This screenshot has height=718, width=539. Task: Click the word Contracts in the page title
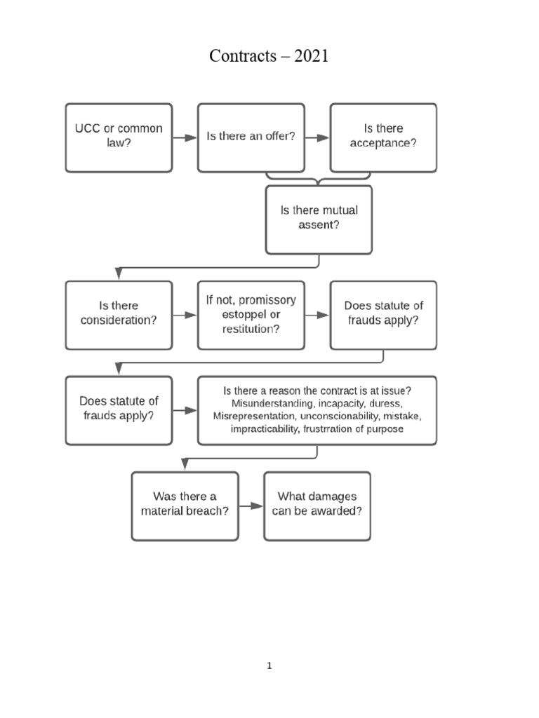tap(243, 57)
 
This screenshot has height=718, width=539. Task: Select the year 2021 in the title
tap(312, 57)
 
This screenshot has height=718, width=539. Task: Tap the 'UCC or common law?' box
tap(119, 137)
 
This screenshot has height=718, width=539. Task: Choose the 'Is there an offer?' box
tap(251, 137)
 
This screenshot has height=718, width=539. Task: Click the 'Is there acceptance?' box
tap(383, 137)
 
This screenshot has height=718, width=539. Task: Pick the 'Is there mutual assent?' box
tap(319, 219)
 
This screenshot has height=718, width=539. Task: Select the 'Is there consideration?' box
tap(119, 315)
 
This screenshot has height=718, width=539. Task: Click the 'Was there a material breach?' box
tap(185, 506)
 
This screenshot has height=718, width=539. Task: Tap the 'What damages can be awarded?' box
tap(317, 506)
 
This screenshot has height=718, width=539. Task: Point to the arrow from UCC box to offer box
tap(185, 138)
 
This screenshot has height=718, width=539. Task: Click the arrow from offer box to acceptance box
tap(317, 138)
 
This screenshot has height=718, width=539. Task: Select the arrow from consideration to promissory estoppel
tap(185, 316)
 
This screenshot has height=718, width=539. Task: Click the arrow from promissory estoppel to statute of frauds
tap(317, 316)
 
